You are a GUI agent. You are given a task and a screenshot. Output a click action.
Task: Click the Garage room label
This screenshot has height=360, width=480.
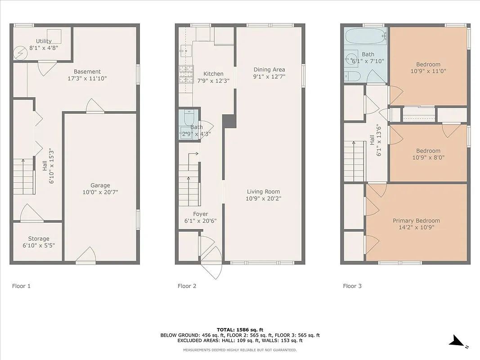pyautogui.click(x=100, y=185)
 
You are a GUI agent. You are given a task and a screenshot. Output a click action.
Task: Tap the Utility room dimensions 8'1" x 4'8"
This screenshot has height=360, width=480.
pyautogui.click(x=44, y=47)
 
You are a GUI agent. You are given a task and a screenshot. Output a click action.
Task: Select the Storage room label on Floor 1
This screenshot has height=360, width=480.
pyautogui.click(x=38, y=238)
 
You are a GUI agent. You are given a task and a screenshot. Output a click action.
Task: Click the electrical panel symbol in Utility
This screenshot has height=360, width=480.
pyautogui.click(x=20, y=54)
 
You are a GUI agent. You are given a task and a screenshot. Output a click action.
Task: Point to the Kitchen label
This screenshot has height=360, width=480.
pyautogui.click(x=213, y=74)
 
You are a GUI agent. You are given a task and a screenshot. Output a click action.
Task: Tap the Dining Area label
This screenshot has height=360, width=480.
pyautogui.click(x=269, y=69)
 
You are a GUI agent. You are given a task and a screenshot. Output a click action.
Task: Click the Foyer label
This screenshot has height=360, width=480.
pyautogui.click(x=201, y=214)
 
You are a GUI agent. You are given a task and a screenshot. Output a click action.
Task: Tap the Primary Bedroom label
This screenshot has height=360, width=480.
pyautogui.click(x=416, y=220)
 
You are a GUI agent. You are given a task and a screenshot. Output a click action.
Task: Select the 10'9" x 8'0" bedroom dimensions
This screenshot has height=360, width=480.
pyautogui.click(x=428, y=158)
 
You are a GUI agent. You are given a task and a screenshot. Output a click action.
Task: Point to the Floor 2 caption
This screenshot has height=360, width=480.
pyautogui.click(x=187, y=286)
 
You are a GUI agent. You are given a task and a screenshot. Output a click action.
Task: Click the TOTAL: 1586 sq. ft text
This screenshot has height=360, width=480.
pyautogui.click(x=240, y=329)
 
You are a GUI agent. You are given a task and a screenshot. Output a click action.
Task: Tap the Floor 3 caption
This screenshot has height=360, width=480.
pyautogui.click(x=352, y=286)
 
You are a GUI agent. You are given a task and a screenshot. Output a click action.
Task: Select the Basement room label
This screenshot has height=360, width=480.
pyautogui.click(x=87, y=72)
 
